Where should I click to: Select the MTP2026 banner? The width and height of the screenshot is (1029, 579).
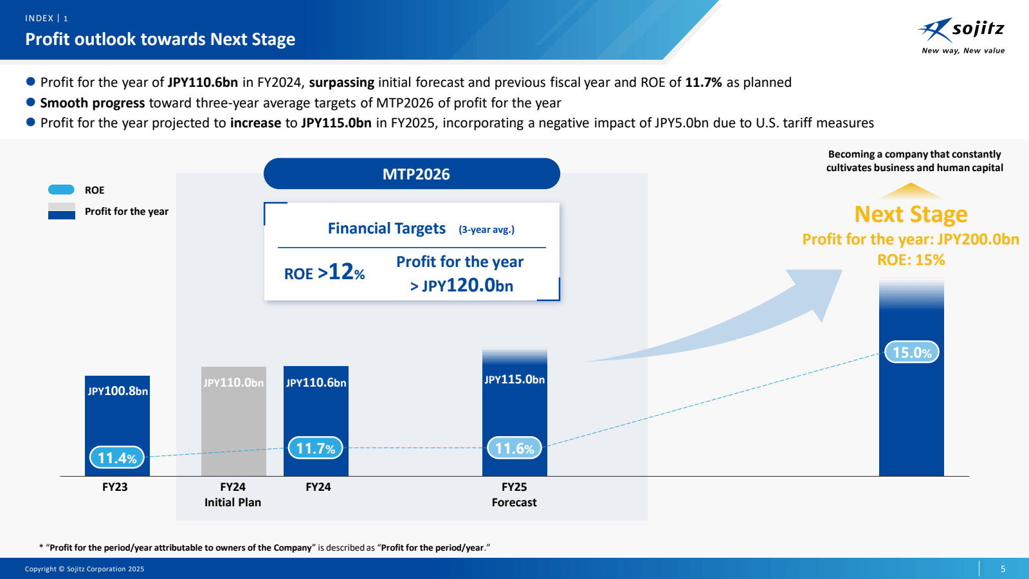coord(412,174)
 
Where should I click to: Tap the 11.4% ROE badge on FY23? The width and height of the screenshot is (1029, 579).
coord(116,457)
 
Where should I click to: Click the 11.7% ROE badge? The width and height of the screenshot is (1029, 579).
coord(315,448)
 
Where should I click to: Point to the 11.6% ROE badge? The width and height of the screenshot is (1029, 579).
coord(514,448)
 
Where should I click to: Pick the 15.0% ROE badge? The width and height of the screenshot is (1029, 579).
coord(911,352)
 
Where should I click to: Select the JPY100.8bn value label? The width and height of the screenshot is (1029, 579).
coord(118,391)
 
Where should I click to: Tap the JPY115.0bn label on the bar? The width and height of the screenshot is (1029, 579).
coord(514,380)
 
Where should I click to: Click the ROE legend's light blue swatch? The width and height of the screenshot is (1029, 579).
coord(61,190)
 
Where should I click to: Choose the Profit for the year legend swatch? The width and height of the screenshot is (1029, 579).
coord(61,211)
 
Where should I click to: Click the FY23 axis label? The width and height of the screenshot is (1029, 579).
coord(115,487)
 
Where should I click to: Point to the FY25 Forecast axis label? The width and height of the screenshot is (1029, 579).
coord(514,495)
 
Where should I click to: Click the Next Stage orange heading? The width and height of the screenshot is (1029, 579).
coord(911,214)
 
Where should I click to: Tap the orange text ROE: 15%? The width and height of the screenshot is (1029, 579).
coord(911,260)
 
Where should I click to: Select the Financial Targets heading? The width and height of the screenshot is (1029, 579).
coord(387,228)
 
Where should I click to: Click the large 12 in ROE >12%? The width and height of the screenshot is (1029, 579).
coord(341,271)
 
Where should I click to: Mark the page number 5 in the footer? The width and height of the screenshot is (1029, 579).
coord(1003,569)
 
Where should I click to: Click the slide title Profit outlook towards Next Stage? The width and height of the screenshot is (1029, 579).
coord(160,39)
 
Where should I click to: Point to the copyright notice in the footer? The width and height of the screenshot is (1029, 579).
coord(84,569)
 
